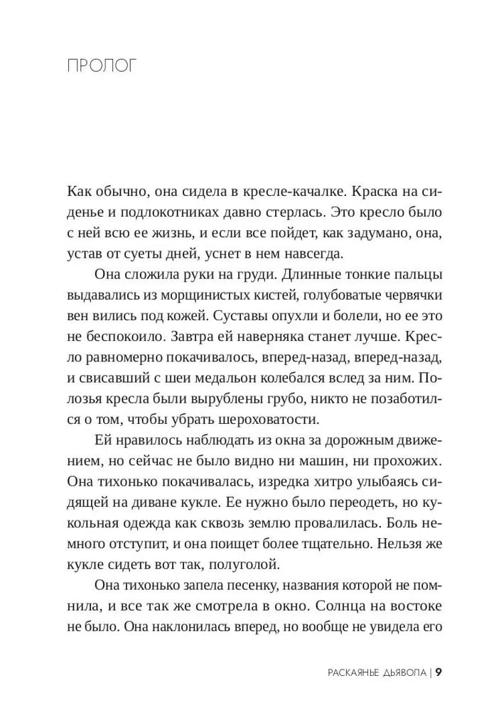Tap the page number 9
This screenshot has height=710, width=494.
(x=439, y=671)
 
